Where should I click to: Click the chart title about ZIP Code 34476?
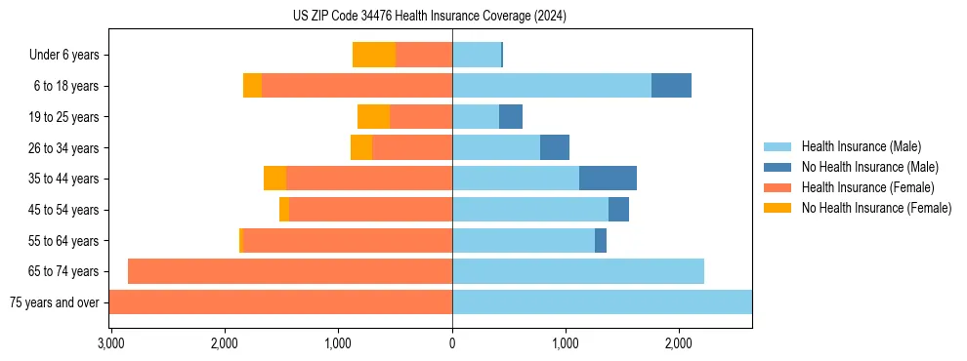(429, 17)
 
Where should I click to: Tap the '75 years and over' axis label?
(54, 302)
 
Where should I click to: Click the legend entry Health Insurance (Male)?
(861, 146)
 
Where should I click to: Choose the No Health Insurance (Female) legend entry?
(876, 208)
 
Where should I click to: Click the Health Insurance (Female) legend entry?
(867, 187)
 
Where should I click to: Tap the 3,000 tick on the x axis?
(110, 343)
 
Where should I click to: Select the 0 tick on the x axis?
(452, 343)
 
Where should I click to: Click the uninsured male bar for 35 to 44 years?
(608, 179)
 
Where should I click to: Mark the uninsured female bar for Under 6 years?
(374, 55)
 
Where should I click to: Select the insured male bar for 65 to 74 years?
(578, 271)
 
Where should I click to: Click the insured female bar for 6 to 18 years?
(357, 86)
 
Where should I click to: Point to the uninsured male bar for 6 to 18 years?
(671, 86)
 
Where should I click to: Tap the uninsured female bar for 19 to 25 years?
(373, 117)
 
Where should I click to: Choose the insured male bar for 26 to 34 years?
(496, 147)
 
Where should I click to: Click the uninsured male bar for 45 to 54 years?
(618, 210)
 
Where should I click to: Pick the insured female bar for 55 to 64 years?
(347, 240)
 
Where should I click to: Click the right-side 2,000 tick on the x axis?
(679, 343)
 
